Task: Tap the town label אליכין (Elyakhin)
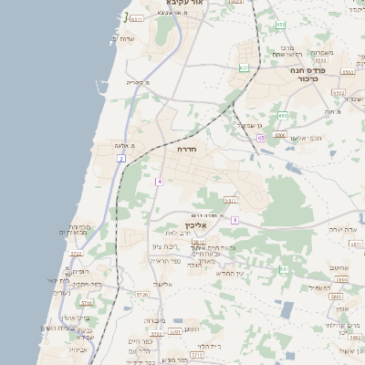click(196, 225)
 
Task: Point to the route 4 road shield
click(158, 182)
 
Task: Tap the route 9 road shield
click(235, 220)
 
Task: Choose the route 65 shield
click(261, 138)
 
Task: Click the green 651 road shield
click(244, 68)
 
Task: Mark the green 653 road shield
click(282, 116)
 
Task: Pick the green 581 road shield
click(283, 269)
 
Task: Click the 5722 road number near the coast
click(88, 302)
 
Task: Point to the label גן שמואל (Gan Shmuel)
click(251, 125)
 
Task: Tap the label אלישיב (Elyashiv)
click(162, 284)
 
